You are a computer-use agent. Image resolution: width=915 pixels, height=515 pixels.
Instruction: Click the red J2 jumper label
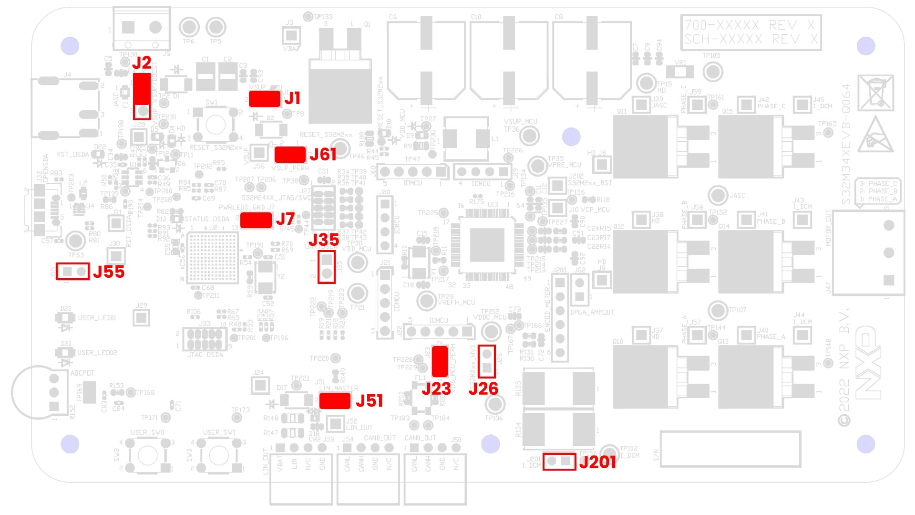(x=142, y=63)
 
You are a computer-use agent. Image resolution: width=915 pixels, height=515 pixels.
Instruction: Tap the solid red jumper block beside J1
(x=264, y=99)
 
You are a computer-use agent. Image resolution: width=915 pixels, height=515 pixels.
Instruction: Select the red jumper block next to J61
(x=290, y=155)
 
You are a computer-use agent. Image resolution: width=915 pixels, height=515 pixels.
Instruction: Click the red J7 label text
(x=285, y=219)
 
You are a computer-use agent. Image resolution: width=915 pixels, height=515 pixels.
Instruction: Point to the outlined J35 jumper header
(x=327, y=267)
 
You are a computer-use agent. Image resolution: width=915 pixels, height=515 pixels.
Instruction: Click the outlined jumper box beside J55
(x=72, y=272)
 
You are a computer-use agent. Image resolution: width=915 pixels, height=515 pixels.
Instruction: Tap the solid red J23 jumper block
(x=440, y=361)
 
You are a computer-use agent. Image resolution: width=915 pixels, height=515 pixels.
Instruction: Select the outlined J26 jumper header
(x=487, y=361)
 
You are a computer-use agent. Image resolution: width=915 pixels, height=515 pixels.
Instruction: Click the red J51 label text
(x=369, y=401)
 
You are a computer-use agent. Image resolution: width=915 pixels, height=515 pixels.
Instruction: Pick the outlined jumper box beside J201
(x=559, y=462)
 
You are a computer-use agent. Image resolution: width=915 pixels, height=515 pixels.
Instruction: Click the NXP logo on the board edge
(x=868, y=363)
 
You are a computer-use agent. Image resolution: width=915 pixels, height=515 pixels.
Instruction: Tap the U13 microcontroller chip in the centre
(x=487, y=244)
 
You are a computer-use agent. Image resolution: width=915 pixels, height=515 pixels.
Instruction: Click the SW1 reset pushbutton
(x=215, y=125)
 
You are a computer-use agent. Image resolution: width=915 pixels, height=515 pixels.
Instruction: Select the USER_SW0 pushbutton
(x=147, y=455)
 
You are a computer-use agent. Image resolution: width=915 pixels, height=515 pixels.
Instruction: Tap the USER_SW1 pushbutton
(x=219, y=455)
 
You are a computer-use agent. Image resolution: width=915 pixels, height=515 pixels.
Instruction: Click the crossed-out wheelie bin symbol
(x=876, y=93)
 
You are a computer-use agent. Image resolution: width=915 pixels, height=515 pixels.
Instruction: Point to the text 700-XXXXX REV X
(x=750, y=25)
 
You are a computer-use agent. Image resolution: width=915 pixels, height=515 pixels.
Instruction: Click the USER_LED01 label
(x=97, y=318)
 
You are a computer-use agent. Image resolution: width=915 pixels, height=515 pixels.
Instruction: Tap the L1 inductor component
(x=466, y=139)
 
